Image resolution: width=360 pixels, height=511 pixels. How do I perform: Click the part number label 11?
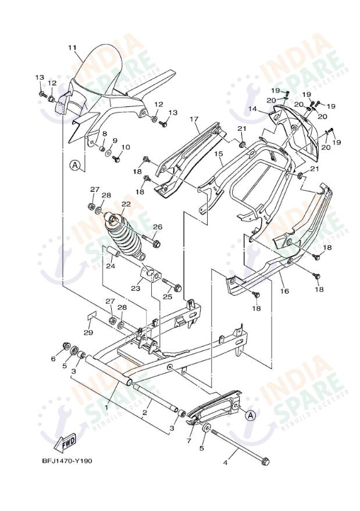72,47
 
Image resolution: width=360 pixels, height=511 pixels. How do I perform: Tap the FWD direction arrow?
68,442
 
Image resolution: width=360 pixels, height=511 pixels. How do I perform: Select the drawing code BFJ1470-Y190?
67,461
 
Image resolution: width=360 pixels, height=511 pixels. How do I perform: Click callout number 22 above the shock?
126,205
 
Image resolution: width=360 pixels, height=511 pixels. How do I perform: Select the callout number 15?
218,154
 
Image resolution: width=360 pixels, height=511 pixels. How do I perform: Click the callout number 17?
194,119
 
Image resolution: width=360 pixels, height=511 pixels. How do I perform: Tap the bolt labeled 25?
173,287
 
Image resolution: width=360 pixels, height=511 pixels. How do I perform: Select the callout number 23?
136,288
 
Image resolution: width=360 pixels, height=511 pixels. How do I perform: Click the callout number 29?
88,333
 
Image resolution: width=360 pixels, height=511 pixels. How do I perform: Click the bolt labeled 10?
118,158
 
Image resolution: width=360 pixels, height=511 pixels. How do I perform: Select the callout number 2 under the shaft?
145,412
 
